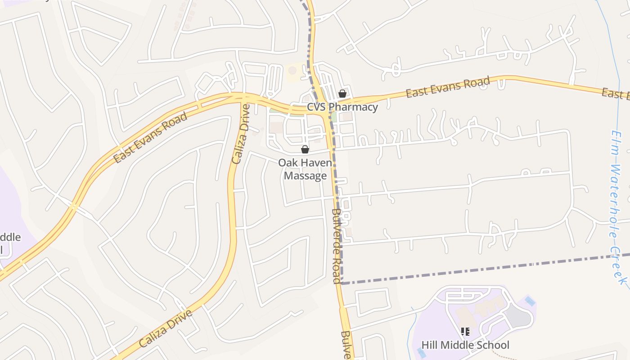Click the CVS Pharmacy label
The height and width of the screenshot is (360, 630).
point(342,107)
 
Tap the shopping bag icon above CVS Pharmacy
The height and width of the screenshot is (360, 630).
point(342,94)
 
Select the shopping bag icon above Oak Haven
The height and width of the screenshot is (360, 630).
point(305,149)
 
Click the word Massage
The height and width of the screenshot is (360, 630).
point(305,175)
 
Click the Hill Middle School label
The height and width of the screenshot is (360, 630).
point(465,345)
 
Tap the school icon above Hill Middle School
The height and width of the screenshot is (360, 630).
point(465,332)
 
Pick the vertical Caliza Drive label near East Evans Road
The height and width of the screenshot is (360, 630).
point(240,134)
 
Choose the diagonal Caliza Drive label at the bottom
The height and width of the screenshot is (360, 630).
point(166,328)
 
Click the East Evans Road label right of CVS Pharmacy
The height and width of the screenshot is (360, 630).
point(448,87)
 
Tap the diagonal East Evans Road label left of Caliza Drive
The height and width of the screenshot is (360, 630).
point(150,138)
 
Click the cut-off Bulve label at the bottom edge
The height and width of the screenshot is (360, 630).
point(346,346)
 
